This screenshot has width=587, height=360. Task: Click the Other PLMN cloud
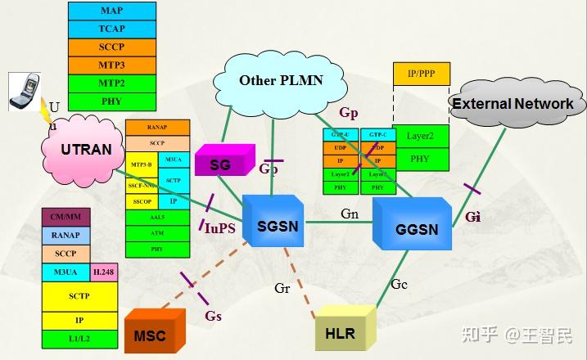point(281,80)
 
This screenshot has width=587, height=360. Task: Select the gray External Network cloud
point(512,104)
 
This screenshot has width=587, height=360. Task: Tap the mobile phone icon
point(22,91)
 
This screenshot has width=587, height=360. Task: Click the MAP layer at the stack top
point(112,11)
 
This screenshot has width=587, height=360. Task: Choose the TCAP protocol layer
point(112,29)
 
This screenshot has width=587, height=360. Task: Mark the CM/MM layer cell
point(65,217)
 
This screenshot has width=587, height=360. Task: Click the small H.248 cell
point(103,272)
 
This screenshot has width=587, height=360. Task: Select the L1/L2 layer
point(79,336)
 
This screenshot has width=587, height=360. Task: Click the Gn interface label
point(350,214)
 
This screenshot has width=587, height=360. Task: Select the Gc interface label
point(400,284)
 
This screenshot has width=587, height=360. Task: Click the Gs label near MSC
point(213,316)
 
